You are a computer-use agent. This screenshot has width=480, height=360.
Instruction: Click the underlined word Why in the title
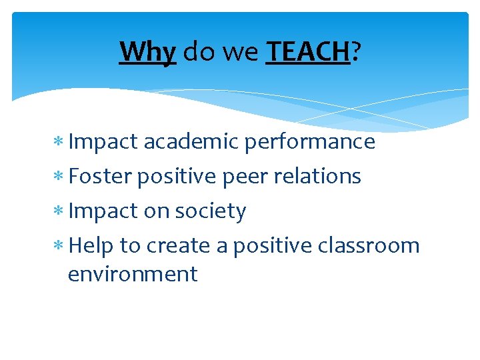tap(147, 51)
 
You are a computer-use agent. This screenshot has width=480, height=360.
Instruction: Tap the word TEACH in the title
tap(307, 51)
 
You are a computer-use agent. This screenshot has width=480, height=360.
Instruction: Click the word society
tap(210, 211)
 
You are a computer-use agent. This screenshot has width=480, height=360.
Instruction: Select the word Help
tap(91, 246)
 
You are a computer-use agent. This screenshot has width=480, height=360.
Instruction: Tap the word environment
tap(133, 274)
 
